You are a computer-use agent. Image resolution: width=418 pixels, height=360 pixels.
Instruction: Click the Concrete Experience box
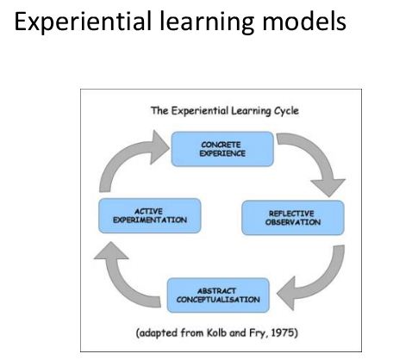coord(222,149)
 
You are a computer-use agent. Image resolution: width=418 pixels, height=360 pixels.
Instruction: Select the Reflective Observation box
coord(293,218)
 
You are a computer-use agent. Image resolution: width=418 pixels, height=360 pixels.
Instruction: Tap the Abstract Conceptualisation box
coord(218,295)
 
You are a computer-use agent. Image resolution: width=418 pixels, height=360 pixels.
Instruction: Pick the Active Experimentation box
coord(150,215)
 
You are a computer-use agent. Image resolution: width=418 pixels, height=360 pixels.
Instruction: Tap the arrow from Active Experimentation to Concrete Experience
coord(121,155)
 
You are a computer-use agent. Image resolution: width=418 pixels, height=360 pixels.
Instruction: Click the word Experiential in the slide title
coord(83,22)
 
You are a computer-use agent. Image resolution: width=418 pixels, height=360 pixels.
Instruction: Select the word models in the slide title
coord(304,21)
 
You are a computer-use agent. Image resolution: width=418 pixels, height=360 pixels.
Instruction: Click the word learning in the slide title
coord(207,22)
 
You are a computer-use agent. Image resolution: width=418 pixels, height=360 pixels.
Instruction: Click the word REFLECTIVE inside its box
coord(291,214)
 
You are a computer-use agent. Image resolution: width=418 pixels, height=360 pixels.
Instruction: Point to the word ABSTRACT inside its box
coord(216,290)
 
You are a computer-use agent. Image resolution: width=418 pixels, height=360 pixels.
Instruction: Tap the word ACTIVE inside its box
coord(148,211)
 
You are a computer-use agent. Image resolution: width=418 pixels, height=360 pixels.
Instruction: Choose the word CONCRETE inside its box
coord(221,145)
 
